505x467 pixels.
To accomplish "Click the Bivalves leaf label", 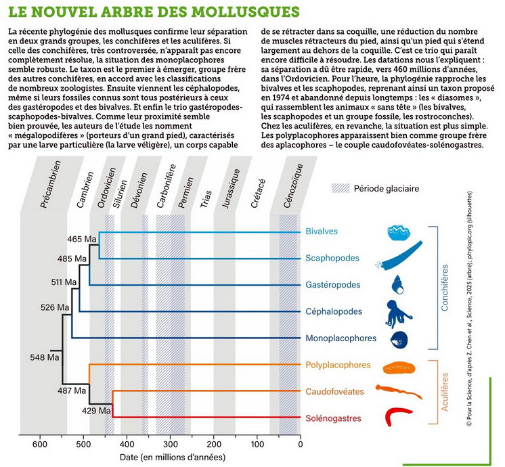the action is pyautogui.click(x=322, y=231).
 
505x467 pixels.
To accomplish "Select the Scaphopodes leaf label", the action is pyautogui.click(x=332, y=258).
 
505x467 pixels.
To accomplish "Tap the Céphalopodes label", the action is pyautogui.click(x=334, y=311).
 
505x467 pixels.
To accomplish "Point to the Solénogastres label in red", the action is pyautogui.click(x=333, y=418).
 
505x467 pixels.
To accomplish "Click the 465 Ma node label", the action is pyautogui.click(x=82, y=240).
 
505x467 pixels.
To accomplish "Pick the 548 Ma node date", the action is pyautogui.click(x=45, y=357).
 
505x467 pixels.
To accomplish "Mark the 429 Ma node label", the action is pyautogui.click(x=96, y=411).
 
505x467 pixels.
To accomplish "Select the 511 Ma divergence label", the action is pyautogui.click(x=64, y=282).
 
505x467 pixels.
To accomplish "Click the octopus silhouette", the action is pyautogui.click(x=399, y=313).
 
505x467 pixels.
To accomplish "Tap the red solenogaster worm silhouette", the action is pyautogui.click(x=397, y=416).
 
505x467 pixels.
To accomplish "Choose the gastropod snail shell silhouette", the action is pyautogui.click(x=398, y=285).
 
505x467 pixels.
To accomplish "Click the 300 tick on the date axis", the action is pyautogui.click(x=170, y=445).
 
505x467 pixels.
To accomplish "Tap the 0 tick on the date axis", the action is pyautogui.click(x=300, y=445).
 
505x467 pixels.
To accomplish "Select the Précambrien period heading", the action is pyautogui.click(x=51, y=184).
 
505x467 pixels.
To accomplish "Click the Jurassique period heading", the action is pyautogui.click(x=231, y=189).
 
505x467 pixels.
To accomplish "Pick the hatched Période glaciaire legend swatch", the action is pyautogui.click(x=341, y=188).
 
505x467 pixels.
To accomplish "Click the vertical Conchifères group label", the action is pyautogui.click(x=445, y=288).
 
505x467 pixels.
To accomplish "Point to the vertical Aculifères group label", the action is pyautogui.click(x=445, y=392).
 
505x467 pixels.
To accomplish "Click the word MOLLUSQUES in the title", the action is pyautogui.click(x=246, y=12).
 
